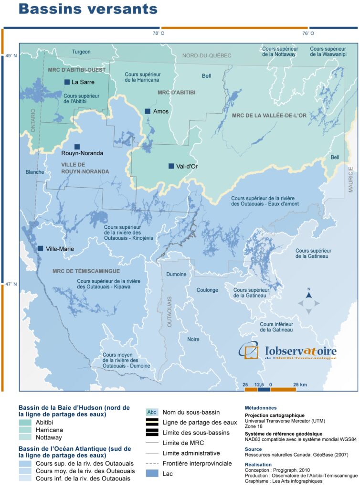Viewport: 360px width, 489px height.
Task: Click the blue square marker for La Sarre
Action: pos(67,82)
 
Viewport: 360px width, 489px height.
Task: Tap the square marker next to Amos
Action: pos(148,111)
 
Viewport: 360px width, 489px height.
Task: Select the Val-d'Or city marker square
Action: pos(171,166)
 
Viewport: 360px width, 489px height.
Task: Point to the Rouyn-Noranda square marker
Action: pos(76,147)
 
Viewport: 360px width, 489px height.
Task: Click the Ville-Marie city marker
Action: pos(41,248)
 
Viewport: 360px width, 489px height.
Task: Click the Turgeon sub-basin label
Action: pos(81,52)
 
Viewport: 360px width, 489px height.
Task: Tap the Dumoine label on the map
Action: pos(176,275)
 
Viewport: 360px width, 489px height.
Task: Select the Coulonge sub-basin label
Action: pos(208,290)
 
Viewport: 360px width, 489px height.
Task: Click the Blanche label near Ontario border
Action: pos(35,172)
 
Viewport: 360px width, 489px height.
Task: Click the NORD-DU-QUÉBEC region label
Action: pos(207,56)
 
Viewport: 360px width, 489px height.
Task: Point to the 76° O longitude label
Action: pos(308,33)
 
